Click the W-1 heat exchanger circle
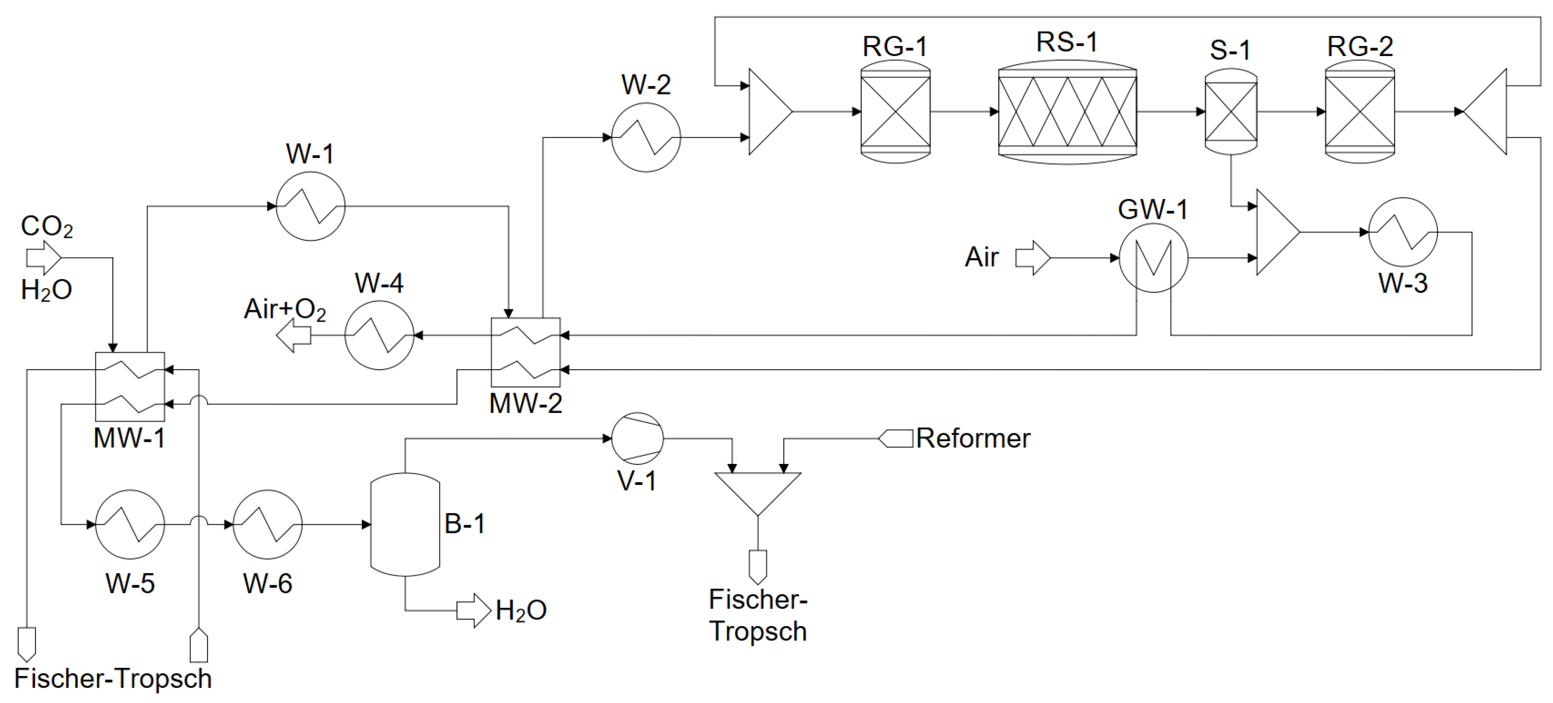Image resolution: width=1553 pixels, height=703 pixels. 310,206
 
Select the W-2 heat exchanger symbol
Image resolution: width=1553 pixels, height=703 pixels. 646,138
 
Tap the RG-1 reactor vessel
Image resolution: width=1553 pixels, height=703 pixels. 895,112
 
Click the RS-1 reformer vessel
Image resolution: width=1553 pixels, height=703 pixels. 1067,112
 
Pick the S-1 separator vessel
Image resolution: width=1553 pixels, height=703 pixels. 1230,112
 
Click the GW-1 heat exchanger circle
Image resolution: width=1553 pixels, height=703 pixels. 1153,258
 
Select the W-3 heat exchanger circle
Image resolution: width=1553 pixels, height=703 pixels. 1403,232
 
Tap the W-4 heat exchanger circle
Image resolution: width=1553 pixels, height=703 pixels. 379,335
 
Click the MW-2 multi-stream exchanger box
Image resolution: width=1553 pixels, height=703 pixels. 526,352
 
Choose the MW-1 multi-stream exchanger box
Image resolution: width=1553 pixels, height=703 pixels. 130,387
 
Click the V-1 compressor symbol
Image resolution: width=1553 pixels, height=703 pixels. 637,438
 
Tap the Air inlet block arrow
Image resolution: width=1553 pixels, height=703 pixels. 1033,258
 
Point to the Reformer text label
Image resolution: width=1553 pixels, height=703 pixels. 972,438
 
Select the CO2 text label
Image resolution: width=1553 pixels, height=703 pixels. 47,227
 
